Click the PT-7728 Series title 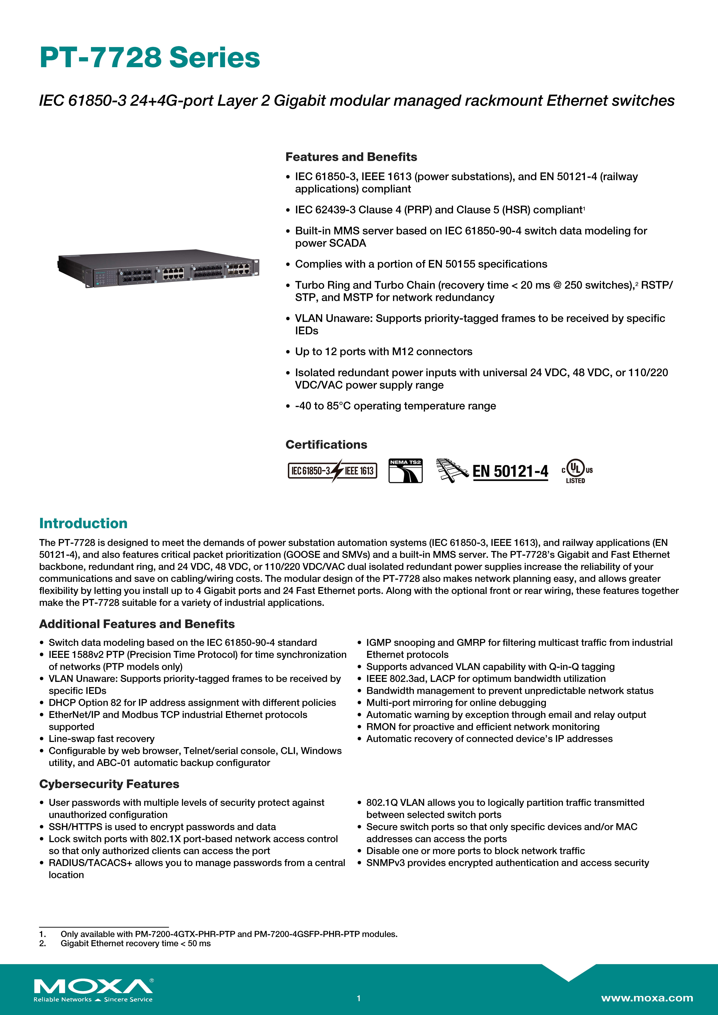(x=150, y=58)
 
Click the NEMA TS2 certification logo (x=405, y=471)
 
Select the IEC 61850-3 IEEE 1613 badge (x=332, y=471)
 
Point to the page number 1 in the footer (x=359, y=998)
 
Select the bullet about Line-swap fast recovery (x=101, y=739)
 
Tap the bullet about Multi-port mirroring (x=456, y=702)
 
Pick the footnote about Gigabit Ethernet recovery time (x=135, y=943)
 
